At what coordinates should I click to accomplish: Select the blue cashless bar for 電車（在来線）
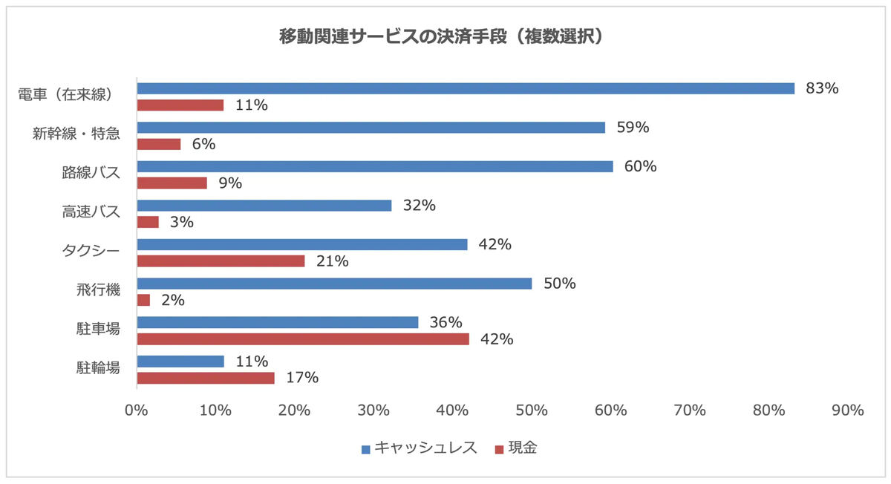tap(466, 88)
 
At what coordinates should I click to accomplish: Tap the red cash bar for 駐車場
tap(303, 339)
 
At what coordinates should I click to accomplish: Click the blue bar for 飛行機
tap(334, 284)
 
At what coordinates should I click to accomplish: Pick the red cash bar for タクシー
tap(221, 261)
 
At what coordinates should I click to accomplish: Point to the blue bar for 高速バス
tap(264, 206)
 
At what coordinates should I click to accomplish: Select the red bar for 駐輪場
tap(205, 378)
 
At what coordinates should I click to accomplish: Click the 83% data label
tap(822, 88)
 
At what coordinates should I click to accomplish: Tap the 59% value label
tap(633, 128)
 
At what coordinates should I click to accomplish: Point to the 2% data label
tap(173, 301)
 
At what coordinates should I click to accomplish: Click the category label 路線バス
tap(91, 173)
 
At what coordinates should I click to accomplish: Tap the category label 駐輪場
tap(98, 367)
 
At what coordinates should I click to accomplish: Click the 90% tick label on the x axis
tap(847, 410)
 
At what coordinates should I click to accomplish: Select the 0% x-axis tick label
tap(137, 410)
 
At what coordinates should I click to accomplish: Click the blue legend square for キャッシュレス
tap(365, 449)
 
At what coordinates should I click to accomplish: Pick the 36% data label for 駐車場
tap(446, 323)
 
